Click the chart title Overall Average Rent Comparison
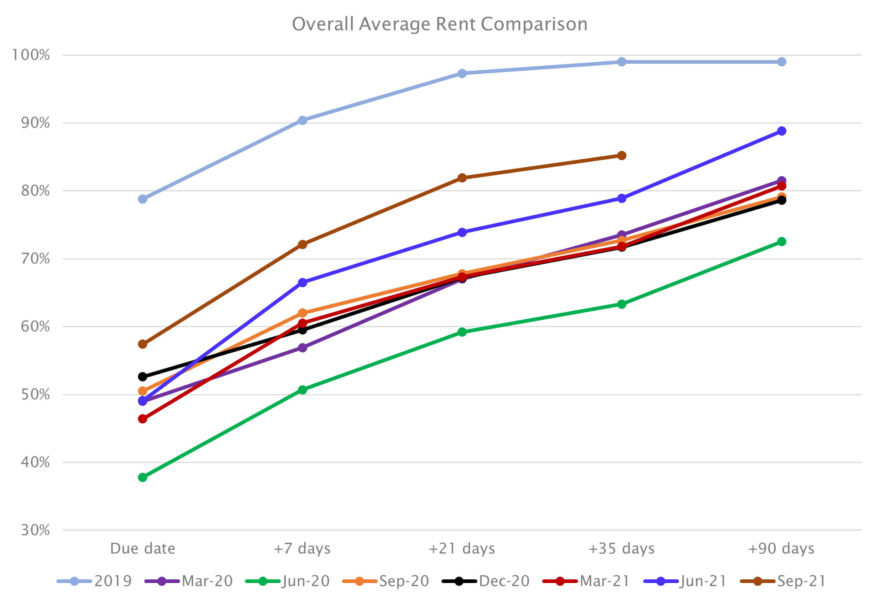[x=439, y=24]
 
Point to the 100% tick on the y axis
[x=31, y=55]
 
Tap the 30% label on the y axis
[x=35, y=530]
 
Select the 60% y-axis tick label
[x=35, y=326]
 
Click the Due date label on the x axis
[x=142, y=549]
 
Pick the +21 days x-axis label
[x=462, y=549]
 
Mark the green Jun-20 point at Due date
[x=142, y=477]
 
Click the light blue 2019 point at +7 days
[x=302, y=120]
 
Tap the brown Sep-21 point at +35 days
[x=622, y=155]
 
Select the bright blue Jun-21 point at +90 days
[x=782, y=131]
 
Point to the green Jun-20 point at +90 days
[x=782, y=241]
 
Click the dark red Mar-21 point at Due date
[x=142, y=419]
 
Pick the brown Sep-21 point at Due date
[x=142, y=344]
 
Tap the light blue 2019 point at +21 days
[x=462, y=73]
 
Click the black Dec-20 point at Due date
[x=142, y=376]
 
